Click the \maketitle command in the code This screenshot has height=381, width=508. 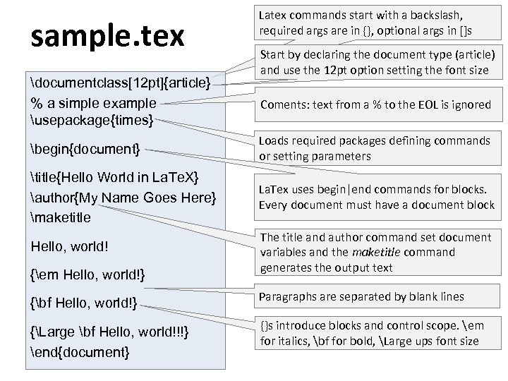click(61, 217)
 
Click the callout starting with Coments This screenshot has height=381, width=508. click(375, 104)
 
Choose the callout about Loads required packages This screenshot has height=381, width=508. click(375, 148)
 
